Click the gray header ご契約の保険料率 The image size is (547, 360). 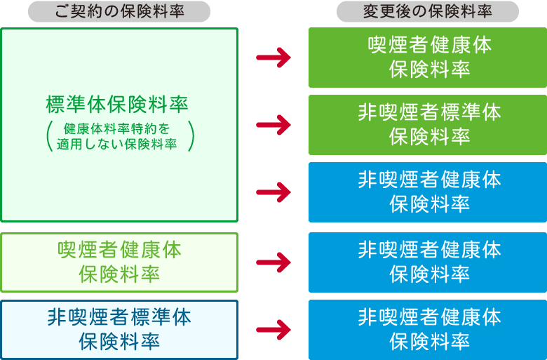tap(119, 11)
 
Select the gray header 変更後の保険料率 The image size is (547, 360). tap(428, 11)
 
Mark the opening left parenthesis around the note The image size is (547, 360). tap(49, 136)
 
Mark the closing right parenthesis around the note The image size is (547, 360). tap(190, 136)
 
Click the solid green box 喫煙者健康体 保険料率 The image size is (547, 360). tap(428, 57)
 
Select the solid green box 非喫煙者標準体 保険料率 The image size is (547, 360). tap(428, 124)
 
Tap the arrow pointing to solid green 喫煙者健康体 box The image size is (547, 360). tap(273, 58)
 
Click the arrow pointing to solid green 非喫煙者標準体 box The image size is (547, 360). tap(273, 126)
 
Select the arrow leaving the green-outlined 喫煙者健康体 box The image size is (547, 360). tap(273, 262)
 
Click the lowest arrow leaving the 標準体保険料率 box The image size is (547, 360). tap(273, 192)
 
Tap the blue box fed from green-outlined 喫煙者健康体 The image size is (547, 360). tap(428, 262)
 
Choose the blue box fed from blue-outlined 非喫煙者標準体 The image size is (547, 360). tap(428, 329)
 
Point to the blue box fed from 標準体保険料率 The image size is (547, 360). tap(428, 192)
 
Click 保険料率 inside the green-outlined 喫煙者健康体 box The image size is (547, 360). tap(119, 274)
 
